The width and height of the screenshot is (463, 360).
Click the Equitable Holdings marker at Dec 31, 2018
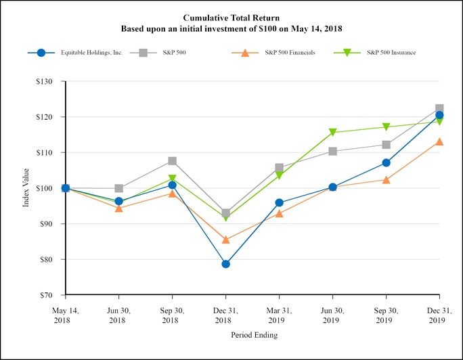[225, 264]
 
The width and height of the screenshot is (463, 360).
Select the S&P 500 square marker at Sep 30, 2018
[172, 161]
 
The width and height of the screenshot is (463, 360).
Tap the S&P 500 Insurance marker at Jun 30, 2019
[332, 133]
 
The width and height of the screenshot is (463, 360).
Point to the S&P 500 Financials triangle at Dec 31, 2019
[439, 141]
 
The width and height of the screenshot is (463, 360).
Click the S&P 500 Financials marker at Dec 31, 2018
[225, 240]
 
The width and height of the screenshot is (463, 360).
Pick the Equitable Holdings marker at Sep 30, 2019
[386, 162]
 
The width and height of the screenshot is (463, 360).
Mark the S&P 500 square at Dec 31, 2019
[439, 109]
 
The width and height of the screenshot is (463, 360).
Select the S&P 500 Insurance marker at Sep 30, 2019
[386, 127]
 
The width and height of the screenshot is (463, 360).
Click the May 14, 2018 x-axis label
[65, 315]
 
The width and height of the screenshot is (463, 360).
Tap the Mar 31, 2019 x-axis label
[279, 315]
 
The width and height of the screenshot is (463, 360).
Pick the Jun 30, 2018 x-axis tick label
[118, 315]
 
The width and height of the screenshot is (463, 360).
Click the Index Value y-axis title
[26, 188]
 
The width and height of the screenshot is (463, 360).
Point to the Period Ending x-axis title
[254, 335]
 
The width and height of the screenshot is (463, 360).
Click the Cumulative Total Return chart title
[231, 17]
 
